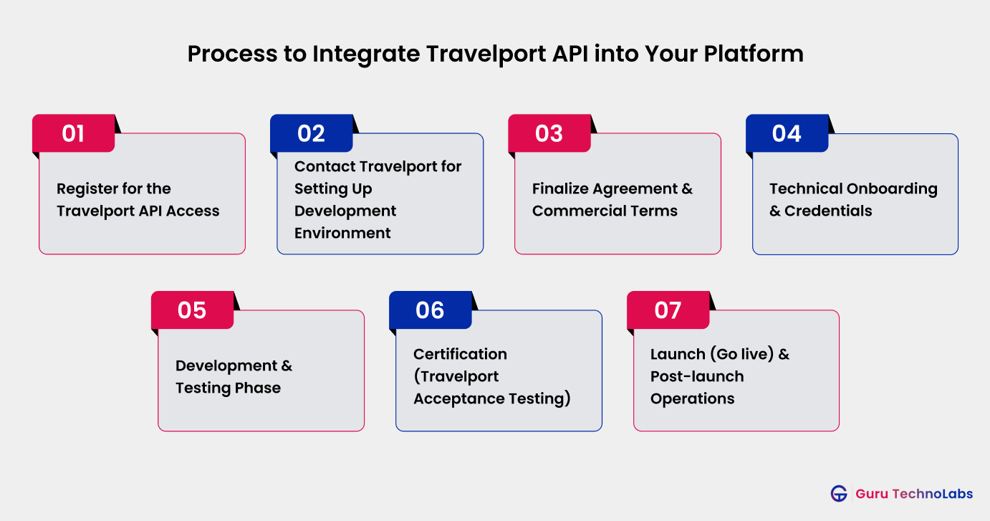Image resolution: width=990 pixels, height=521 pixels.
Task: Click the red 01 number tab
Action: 74,134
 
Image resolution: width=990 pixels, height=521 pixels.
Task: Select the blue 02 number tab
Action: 312,134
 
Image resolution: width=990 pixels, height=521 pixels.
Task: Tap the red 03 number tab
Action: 549,134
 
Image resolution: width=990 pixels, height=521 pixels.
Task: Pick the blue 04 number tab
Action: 787,134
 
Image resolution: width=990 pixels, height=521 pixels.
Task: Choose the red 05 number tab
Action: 192,310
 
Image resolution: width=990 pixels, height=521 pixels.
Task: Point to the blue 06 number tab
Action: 430,310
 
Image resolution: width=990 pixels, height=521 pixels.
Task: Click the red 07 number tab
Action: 668,310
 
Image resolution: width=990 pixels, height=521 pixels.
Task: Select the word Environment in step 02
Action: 342,233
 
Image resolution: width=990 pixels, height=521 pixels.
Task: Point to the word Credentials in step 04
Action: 828,211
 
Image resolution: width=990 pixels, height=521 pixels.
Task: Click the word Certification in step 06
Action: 460,354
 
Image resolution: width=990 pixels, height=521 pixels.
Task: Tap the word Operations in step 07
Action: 692,398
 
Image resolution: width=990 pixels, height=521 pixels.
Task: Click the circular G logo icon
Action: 839,494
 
